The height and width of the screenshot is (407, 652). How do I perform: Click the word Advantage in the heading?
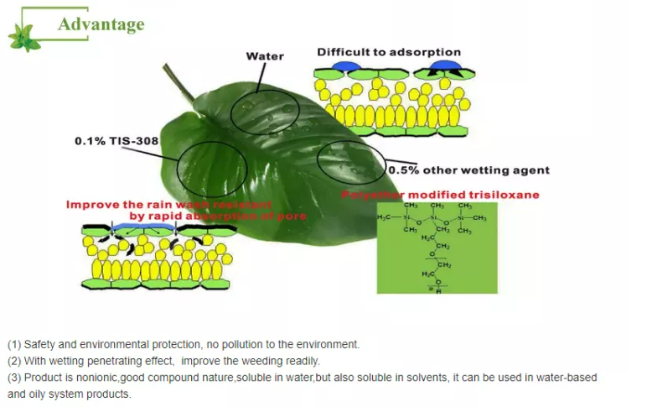tap(101, 23)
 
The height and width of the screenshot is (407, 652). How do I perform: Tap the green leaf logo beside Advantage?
tap(24, 35)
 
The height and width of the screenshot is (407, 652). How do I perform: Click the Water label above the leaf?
tap(264, 56)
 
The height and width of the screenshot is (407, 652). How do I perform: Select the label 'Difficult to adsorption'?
tap(388, 52)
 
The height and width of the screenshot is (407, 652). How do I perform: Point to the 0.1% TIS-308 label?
tap(116, 140)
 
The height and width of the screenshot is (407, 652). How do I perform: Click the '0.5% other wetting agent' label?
tap(469, 170)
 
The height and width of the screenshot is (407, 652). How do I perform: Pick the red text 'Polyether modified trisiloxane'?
tap(439, 195)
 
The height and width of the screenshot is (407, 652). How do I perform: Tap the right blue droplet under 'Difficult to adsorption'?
tap(447, 65)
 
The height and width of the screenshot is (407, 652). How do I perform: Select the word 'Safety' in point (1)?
tap(41, 344)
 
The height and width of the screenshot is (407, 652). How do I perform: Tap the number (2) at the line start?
tap(14, 361)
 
